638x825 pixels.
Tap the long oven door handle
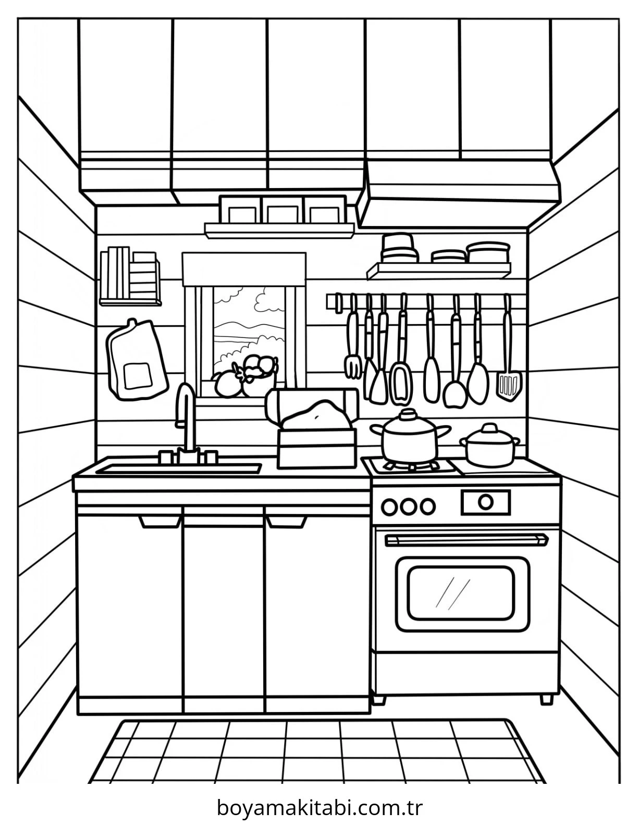(x=467, y=540)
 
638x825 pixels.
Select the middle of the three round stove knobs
(x=409, y=506)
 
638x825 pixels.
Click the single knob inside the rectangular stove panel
(x=486, y=502)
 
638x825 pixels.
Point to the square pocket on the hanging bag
(x=138, y=376)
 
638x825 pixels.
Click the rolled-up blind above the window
(x=244, y=269)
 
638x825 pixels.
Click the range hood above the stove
(x=460, y=194)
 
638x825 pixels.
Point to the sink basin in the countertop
(x=178, y=468)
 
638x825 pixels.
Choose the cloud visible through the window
(x=269, y=299)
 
